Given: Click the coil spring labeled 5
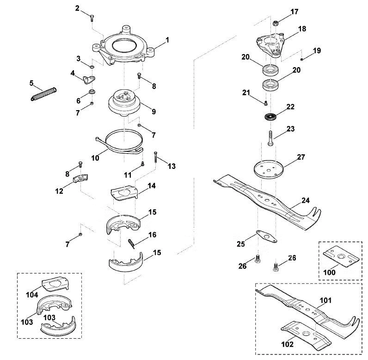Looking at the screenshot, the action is (x=43, y=94).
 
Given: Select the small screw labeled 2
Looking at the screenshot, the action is (x=92, y=18).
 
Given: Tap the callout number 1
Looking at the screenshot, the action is (x=167, y=40).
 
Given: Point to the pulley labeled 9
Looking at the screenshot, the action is (x=124, y=103).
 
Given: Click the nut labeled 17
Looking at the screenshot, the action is (x=276, y=23).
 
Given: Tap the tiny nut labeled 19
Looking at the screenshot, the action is (x=302, y=59).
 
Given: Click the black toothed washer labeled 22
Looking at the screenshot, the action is (x=270, y=117).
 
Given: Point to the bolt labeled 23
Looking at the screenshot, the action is (x=270, y=138).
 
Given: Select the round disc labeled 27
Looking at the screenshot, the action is (x=269, y=169).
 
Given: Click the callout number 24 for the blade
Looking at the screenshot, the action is (x=305, y=200).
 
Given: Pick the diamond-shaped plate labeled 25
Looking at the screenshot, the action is (x=266, y=236).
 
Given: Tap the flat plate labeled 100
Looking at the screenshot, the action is (x=341, y=256).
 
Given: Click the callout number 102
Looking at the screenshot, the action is (x=287, y=344).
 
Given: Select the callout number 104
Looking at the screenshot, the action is (x=32, y=295).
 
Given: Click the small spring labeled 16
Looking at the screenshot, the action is (x=132, y=243).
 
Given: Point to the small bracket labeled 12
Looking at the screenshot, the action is (x=80, y=178).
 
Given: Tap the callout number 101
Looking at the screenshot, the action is (x=326, y=300).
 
